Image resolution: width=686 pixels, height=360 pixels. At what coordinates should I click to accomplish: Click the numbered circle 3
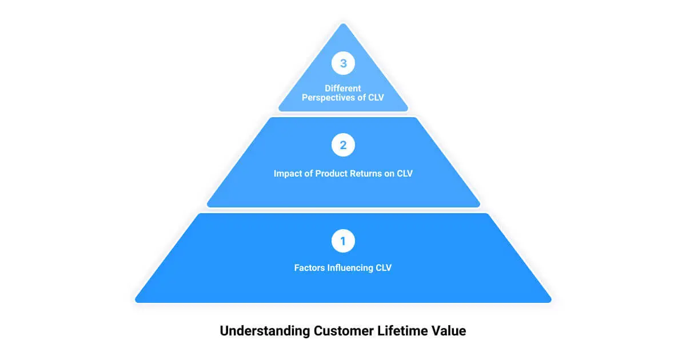[x=343, y=63]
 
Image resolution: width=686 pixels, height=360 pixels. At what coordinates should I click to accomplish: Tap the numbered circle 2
[x=343, y=145]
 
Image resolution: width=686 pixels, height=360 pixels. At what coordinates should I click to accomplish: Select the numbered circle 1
[x=343, y=241]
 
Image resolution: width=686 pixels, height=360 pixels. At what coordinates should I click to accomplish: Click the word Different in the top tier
[x=343, y=88]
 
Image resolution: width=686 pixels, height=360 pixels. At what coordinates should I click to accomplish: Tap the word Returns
[x=369, y=173]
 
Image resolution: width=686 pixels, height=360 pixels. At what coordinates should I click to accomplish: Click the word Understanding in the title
[x=265, y=331]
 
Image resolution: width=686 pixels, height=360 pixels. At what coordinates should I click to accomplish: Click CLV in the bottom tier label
[x=383, y=267]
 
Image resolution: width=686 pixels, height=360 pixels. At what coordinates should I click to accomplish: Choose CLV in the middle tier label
[x=404, y=173]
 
